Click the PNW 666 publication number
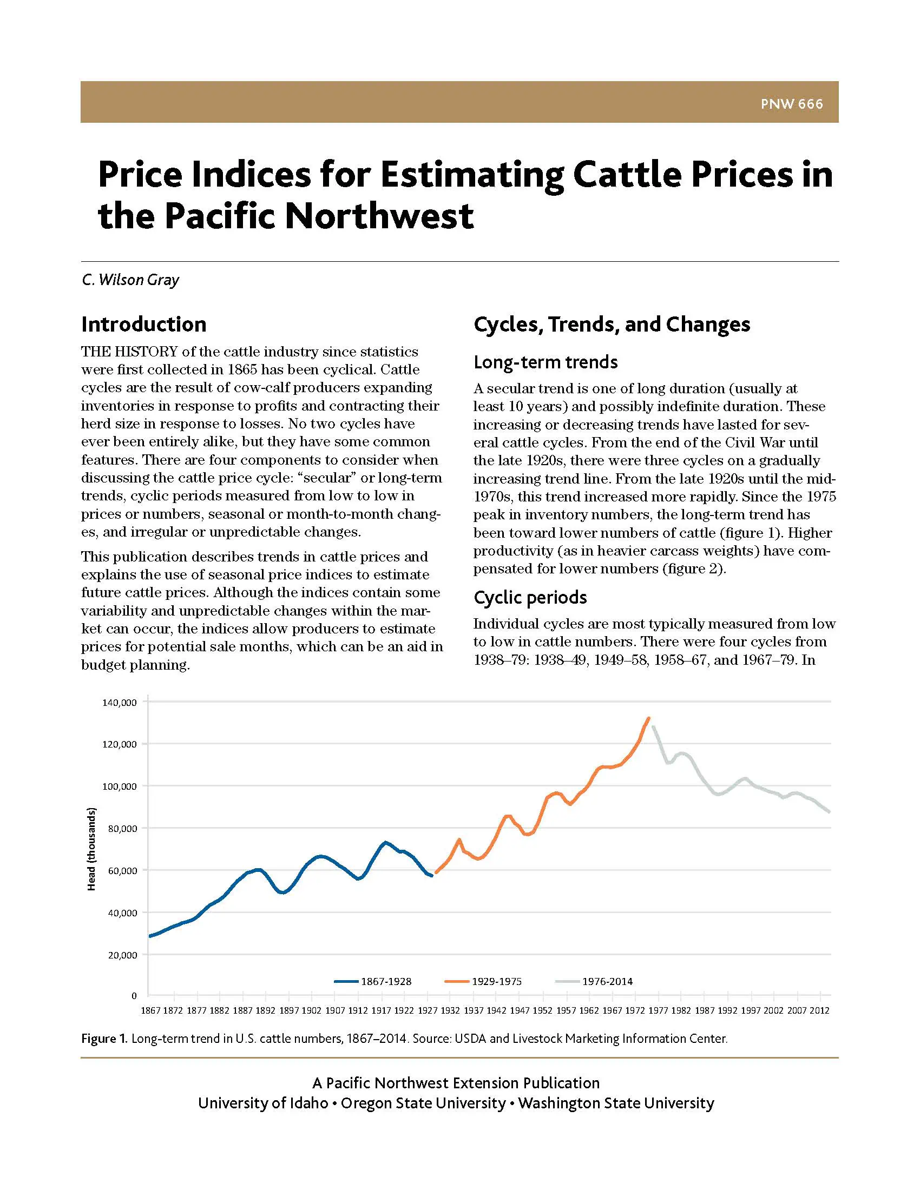[x=791, y=103]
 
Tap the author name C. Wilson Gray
[x=130, y=280]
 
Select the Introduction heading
[x=144, y=324]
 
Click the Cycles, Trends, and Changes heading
[x=612, y=324]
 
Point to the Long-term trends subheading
[x=545, y=362]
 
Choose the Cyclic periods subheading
[x=530, y=597]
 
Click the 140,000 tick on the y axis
[x=120, y=703]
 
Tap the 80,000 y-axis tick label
[x=122, y=829]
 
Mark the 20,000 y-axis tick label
[x=122, y=955]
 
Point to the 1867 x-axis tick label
[x=150, y=1011]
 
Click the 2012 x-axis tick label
[x=819, y=1011]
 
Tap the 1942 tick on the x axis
[x=496, y=1011]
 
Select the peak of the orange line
[x=648, y=718]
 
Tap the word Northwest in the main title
[x=379, y=216]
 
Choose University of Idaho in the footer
[x=262, y=1103]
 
